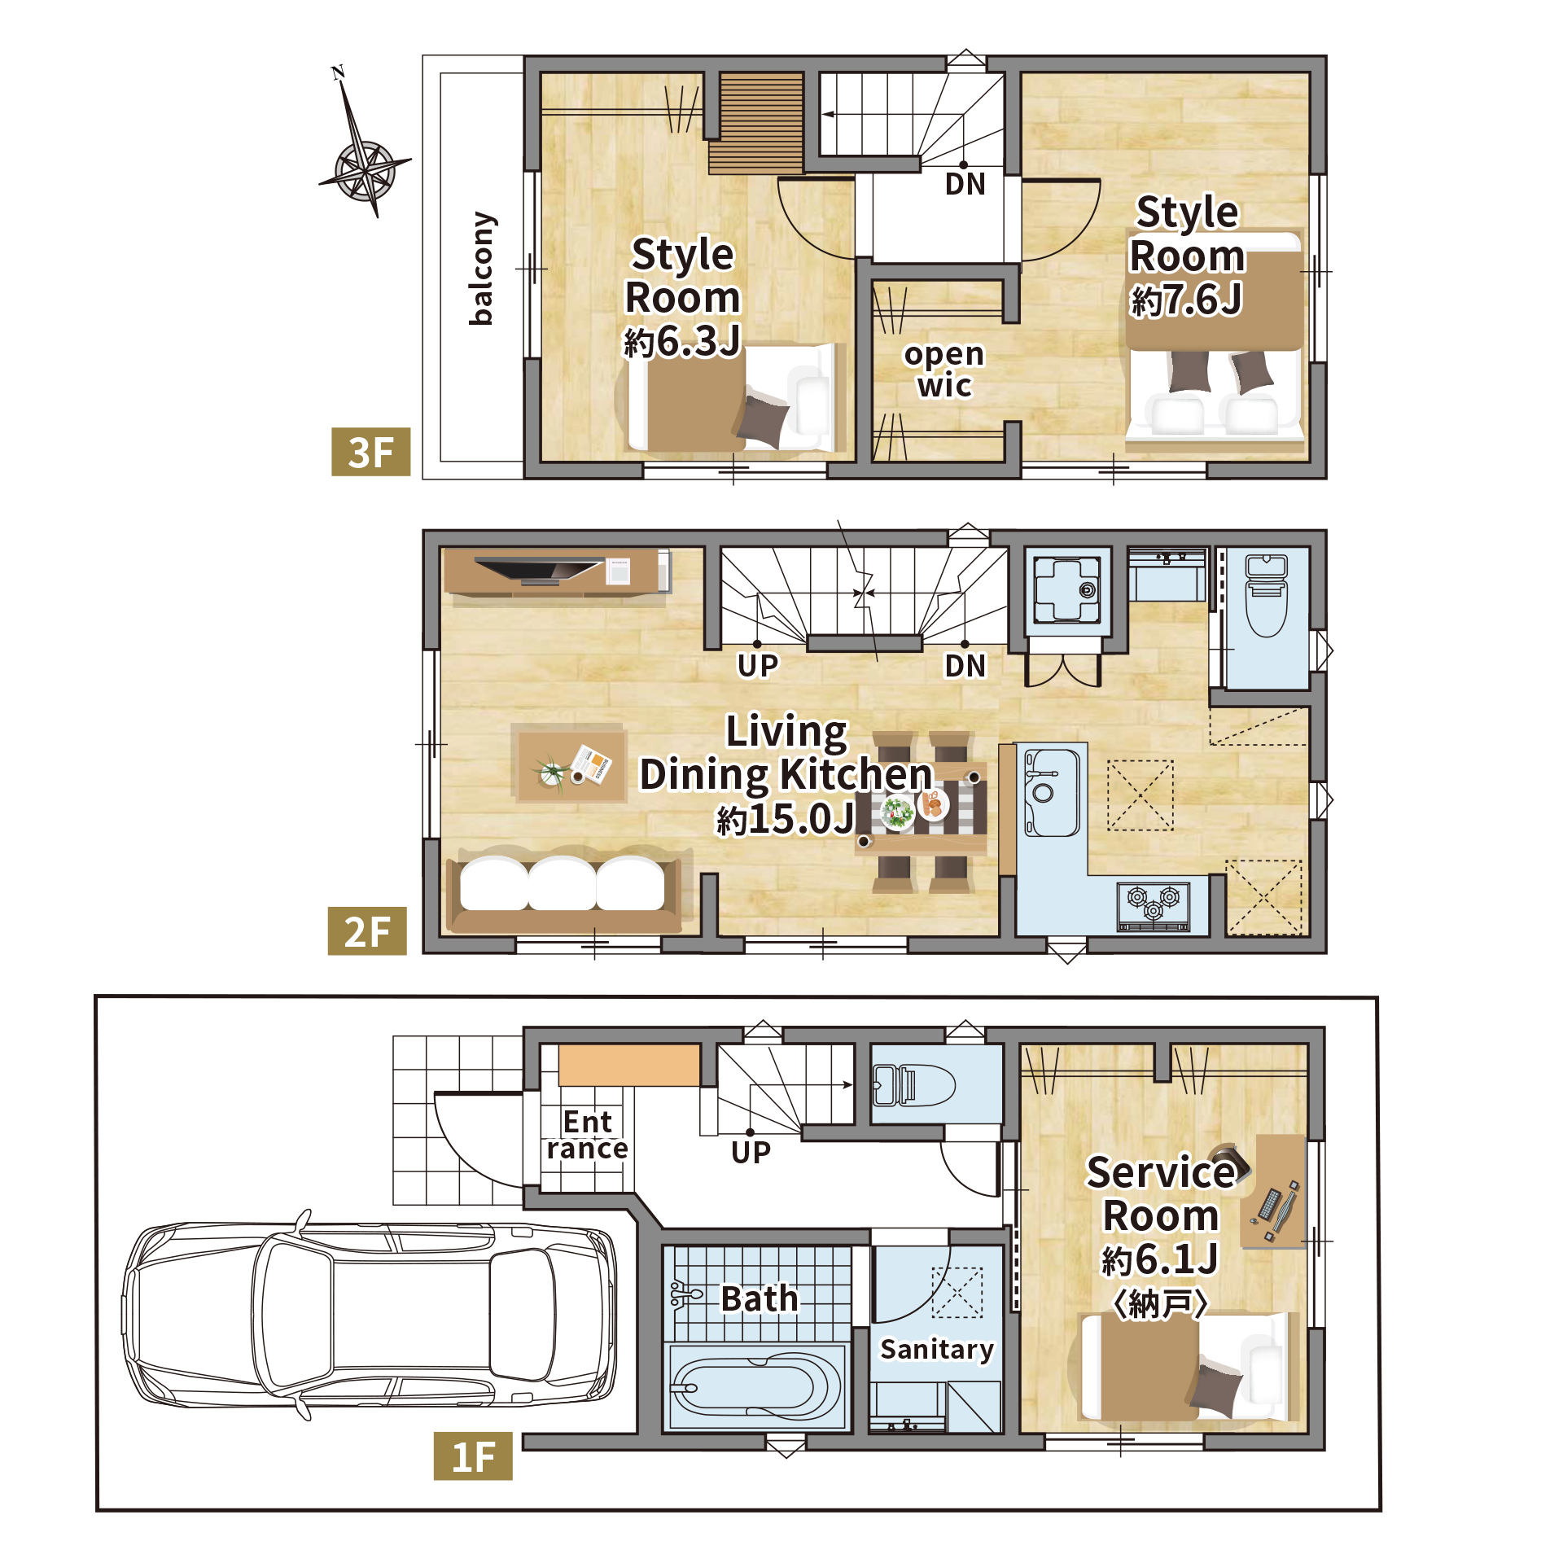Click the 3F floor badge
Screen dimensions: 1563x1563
pyautogui.click(x=370, y=452)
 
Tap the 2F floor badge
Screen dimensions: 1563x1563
pyautogui.click(x=367, y=930)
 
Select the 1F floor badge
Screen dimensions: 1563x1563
pyautogui.click(x=473, y=1456)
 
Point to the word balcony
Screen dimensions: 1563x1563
pyautogui.click(x=481, y=269)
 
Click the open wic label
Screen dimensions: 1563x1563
pyautogui.click(x=944, y=369)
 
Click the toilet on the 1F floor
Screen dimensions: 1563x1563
pyautogui.click(x=913, y=1084)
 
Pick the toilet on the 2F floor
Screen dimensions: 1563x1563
pyautogui.click(x=1267, y=595)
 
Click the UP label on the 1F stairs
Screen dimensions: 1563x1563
pyautogui.click(x=751, y=1152)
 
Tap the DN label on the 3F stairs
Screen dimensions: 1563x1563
pyautogui.click(x=965, y=184)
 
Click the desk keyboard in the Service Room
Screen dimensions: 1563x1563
pyautogui.click(x=1271, y=1204)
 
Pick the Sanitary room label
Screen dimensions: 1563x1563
pyautogui.click(x=937, y=1350)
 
